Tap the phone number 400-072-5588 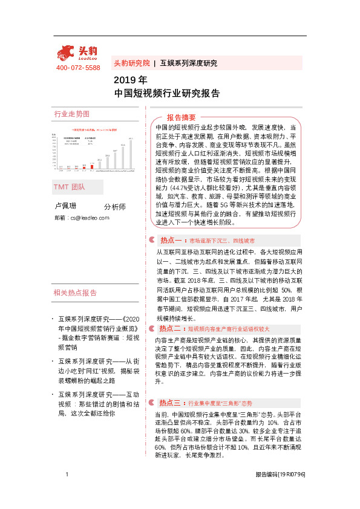point(78,68)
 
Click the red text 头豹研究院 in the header point(132,63)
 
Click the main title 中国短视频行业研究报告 point(166,94)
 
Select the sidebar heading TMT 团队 point(70,187)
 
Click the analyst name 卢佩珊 point(65,206)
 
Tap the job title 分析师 point(115,207)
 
